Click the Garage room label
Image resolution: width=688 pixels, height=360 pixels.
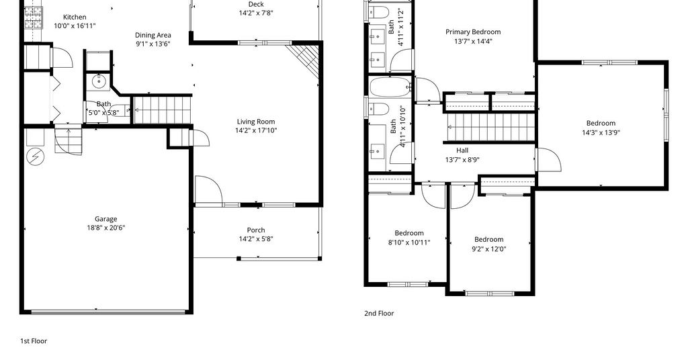tap(105, 219)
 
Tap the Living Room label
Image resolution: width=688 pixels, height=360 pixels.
tap(256, 122)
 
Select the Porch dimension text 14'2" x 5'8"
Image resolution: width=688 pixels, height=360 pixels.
tap(256, 239)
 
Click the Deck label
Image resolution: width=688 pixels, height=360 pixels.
tap(256, 5)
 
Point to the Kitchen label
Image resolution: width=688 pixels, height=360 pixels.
tap(75, 17)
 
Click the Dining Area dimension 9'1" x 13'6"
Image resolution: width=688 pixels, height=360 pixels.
tap(153, 44)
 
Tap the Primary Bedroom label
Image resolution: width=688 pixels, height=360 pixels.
tap(473, 32)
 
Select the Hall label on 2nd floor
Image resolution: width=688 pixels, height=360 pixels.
tap(462, 150)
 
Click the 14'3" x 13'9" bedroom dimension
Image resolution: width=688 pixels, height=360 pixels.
tap(601, 132)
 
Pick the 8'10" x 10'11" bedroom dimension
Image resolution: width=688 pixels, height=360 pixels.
tap(409, 242)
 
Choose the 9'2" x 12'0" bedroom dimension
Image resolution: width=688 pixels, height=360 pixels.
tap(489, 249)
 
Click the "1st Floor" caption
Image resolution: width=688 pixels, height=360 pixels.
tap(34, 341)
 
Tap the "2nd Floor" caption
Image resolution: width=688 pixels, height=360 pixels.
tap(379, 313)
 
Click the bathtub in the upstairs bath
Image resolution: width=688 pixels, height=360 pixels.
tap(390, 87)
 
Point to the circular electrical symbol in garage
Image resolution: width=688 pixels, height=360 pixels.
tap(35, 156)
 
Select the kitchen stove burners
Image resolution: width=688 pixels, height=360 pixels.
tap(34, 17)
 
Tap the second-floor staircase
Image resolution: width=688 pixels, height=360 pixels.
tap(490, 127)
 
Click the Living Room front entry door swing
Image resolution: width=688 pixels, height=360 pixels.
tap(208, 190)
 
